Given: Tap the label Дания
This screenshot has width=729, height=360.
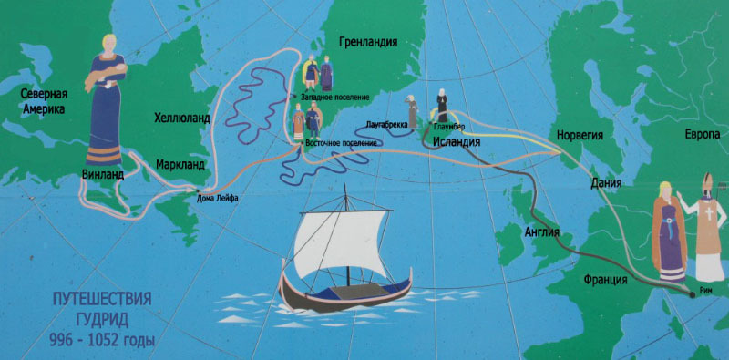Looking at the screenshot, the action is click(x=606, y=182).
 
